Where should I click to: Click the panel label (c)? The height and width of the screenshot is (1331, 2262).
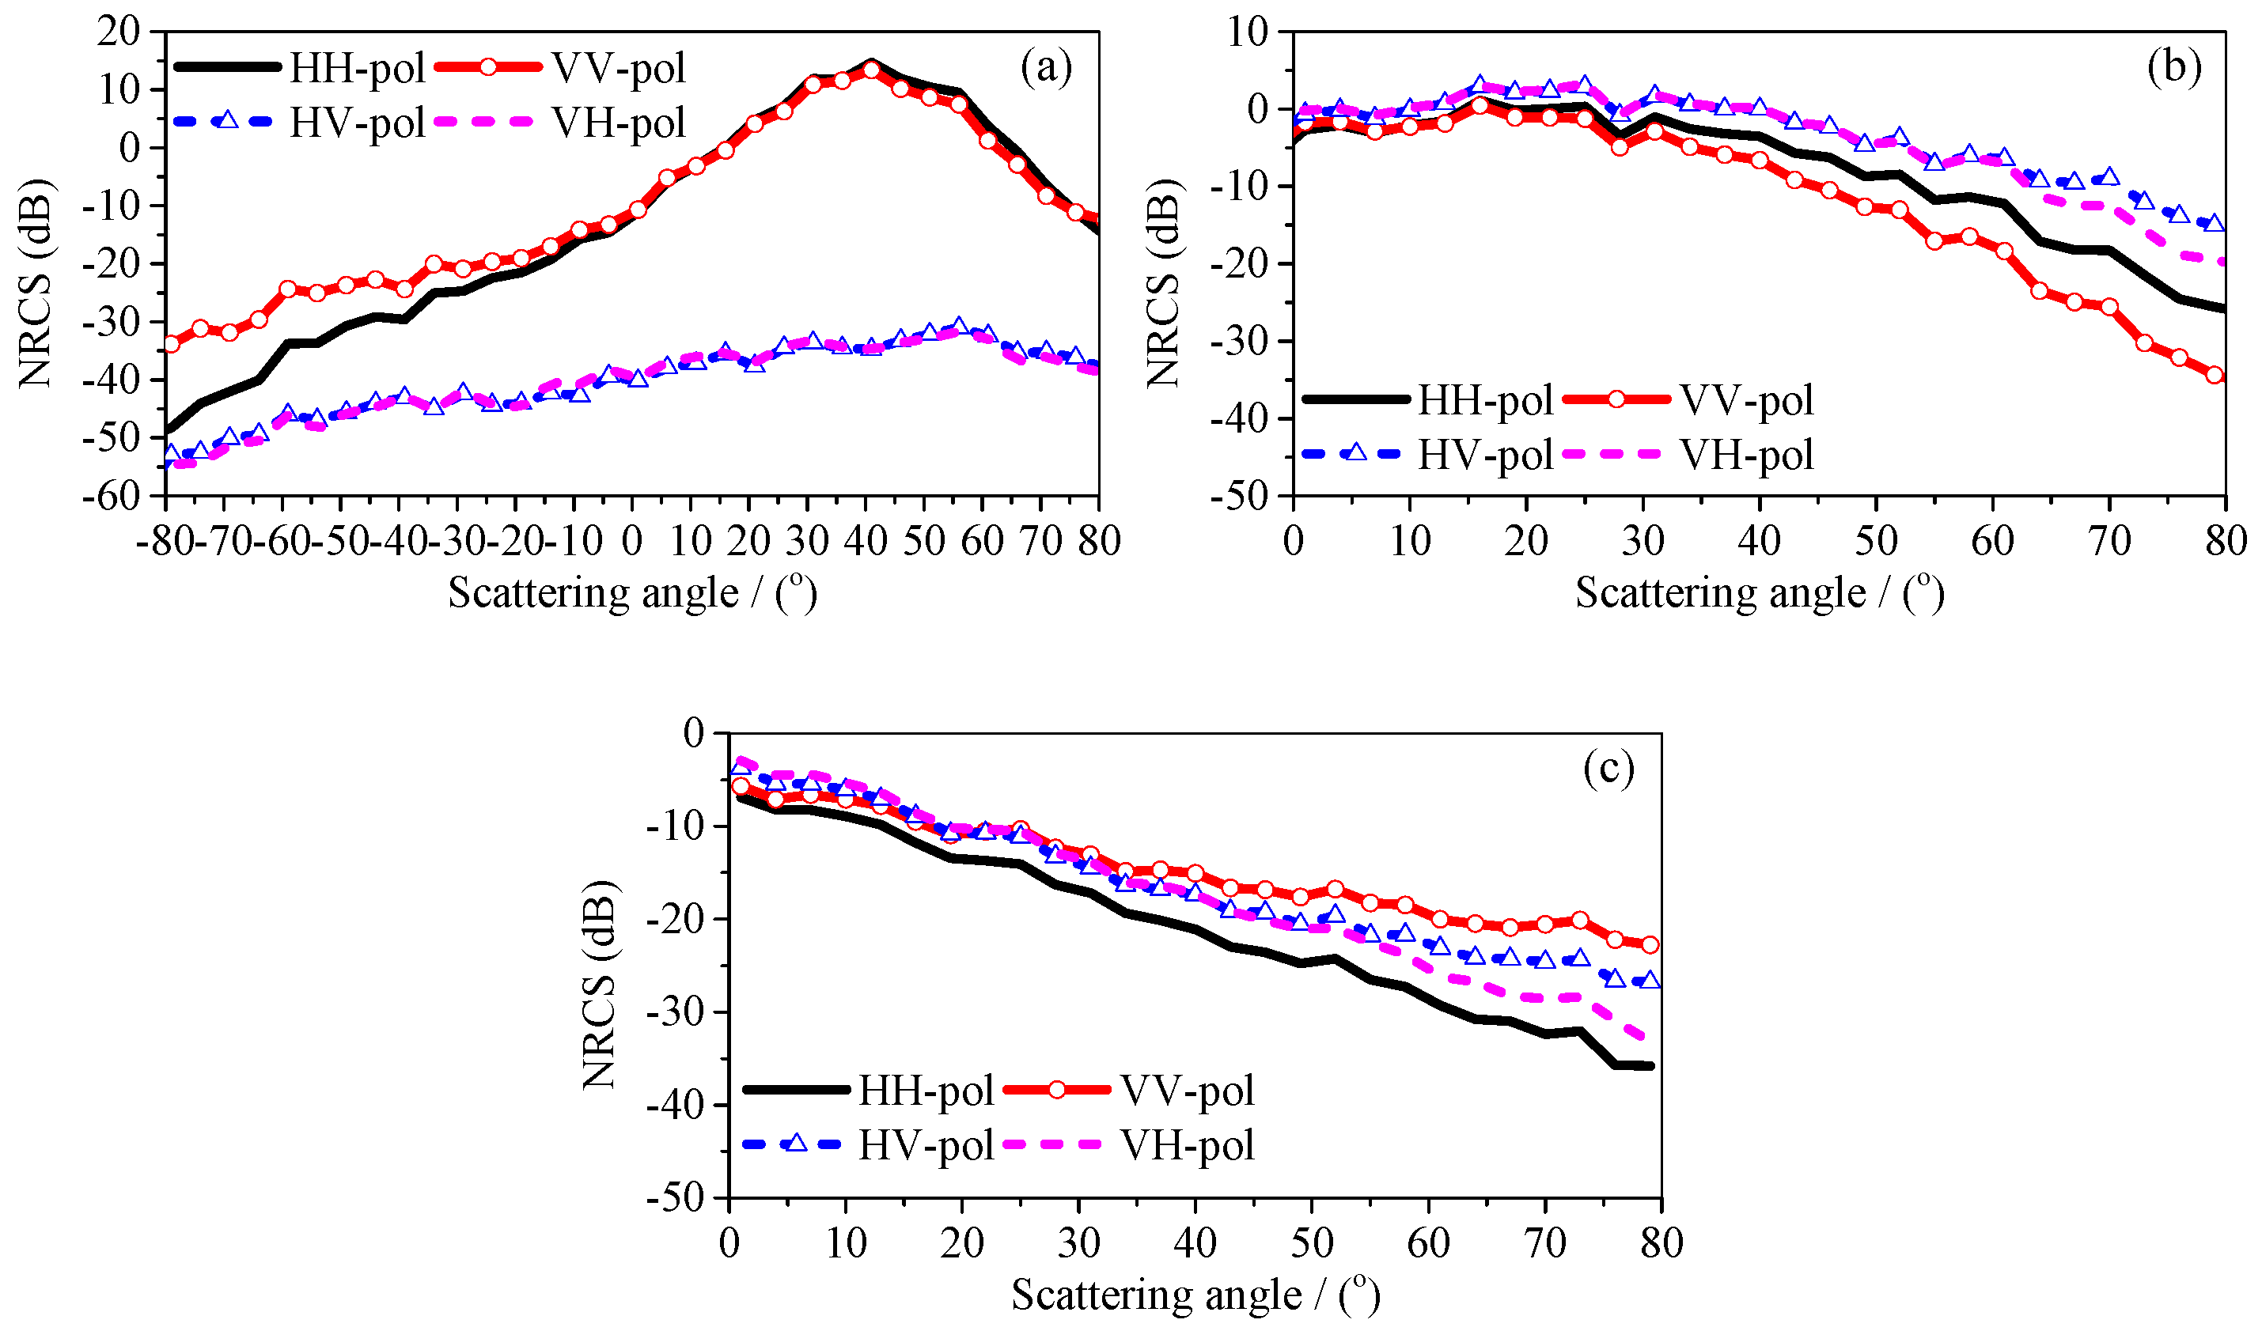[x=1608, y=769]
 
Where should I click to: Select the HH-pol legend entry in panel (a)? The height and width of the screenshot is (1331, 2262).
[x=355, y=68]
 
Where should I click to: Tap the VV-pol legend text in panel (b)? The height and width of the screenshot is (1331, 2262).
[x=1747, y=400]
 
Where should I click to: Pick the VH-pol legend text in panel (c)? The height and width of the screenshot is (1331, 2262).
[x=1187, y=1145]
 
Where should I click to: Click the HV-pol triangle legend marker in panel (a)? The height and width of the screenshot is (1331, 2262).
[x=228, y=120]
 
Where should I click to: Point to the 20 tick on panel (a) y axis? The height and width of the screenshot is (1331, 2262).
[x=119, y=32]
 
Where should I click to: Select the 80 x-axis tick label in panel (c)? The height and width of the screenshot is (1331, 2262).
[x=1661, y=1243]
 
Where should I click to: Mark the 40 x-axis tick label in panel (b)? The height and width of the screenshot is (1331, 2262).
[x=1759, y=541]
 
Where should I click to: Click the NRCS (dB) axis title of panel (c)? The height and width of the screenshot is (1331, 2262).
[x=599, y=985]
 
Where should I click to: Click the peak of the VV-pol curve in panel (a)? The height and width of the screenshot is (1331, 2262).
[x=870, y=71]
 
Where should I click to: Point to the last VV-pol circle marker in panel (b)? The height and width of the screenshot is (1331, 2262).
[x=2215, y=375]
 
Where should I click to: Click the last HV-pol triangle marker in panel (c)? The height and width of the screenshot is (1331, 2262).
[x=1650, y=981]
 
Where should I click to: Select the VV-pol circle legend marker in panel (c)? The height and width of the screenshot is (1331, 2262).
[x=1056, y=1090]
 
